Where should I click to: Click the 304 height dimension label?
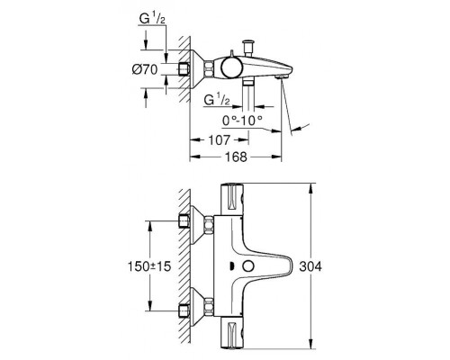310,266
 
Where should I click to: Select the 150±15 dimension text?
149,266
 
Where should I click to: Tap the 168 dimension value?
236,157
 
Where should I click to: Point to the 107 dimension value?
220,139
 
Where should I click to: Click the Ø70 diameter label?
145,70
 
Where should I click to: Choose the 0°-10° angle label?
242,121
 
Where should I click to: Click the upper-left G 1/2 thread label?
152,19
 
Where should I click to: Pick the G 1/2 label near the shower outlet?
217,100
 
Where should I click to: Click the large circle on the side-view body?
231,67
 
